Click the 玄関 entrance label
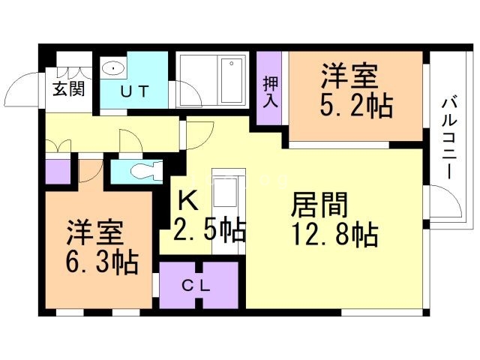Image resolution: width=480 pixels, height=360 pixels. click(x=68, y=89)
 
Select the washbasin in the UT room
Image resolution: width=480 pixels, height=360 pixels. click(x=115, y=68)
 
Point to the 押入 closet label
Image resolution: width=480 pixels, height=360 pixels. click(x=270, y=91)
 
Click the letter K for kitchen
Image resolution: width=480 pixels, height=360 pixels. click(x=190, y=200)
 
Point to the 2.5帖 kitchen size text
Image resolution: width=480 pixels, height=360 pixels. click(x=210, y=229)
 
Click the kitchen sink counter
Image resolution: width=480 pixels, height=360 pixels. click(x=224, y=198)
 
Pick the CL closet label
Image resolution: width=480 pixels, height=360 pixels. click(x=199, y=286)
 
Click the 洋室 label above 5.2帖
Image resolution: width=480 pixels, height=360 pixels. click(x=349, y=76)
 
